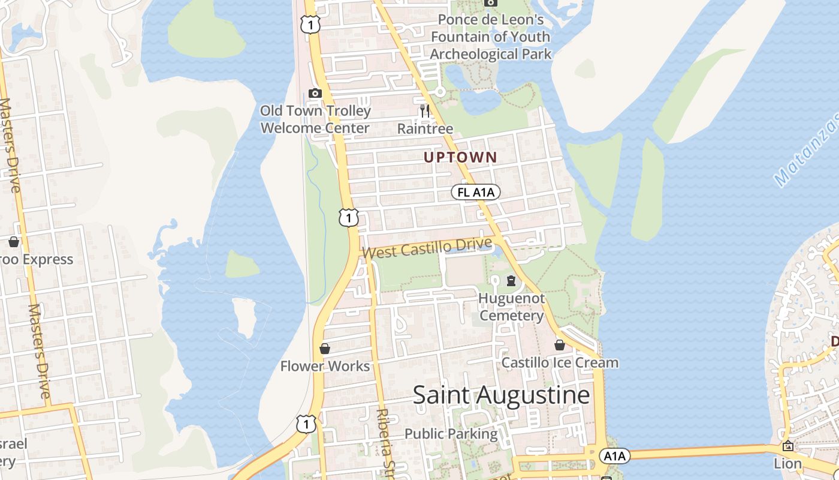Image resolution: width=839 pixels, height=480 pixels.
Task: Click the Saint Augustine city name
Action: pos(501,395)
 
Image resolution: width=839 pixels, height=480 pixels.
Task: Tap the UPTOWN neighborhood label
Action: pos(460,157)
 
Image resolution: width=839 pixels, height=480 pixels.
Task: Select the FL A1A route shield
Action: pos(475,192)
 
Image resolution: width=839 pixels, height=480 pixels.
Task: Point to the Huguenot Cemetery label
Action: pos(511,307)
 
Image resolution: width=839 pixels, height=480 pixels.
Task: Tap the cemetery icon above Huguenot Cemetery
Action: pos(511,280)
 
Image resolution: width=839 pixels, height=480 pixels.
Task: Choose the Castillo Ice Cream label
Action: pos(560,362)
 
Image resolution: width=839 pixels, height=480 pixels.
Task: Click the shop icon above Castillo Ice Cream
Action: pos(559,345)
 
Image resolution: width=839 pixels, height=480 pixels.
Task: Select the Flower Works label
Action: pos(325,366)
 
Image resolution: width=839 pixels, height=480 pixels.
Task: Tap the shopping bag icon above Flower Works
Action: pos(325,349)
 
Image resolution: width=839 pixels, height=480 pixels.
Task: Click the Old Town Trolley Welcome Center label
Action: pos(315,119)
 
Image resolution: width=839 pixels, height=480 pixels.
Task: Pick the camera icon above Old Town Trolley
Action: pos(315,93)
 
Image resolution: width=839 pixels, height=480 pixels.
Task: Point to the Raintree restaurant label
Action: pos(425,128)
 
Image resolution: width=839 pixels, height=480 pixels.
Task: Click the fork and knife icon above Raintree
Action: pos(425,110)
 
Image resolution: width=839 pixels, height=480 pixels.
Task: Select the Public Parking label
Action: pos(451,433)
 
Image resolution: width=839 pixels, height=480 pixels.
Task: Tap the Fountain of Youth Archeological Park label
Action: pos(490,37)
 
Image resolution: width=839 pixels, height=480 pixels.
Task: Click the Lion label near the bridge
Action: pos(787,463)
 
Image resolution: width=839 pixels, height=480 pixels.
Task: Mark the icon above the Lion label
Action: pos(787,446)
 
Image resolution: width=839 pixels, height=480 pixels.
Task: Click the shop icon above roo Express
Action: pos(14,242)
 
